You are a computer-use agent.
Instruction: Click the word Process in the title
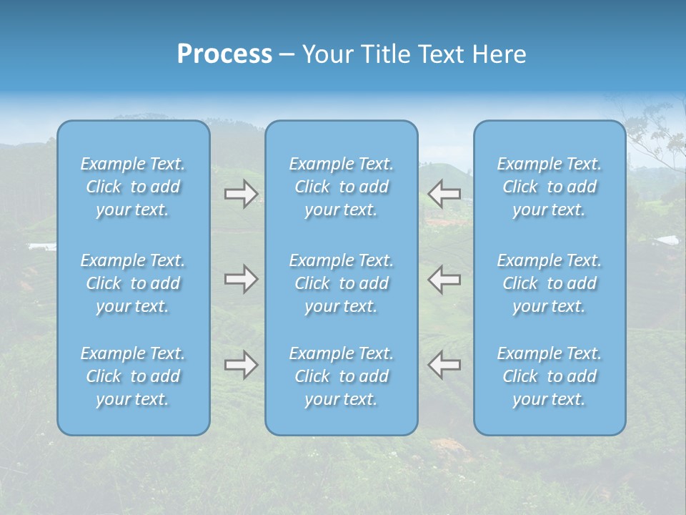click(x=224, y=54)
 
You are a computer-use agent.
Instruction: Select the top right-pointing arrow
click(x=241, y=193)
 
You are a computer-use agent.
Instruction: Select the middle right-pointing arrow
click(x=241, y=279)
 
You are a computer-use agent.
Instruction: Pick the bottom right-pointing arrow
click(x=241, y=365)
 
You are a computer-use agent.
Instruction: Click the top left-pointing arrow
click(x=444, y=193)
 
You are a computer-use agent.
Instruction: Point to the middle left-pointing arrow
click(x=444, y=279)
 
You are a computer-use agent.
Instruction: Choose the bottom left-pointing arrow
click(x=444, y=365)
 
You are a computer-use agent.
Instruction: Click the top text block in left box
click(x=133, y=187)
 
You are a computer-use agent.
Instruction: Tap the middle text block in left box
click(x=133, y=283)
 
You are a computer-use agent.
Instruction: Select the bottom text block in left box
click(x=133, y=376)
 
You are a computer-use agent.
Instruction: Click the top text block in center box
click(x=342, y=187)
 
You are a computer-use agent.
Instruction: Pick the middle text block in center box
click(x=342, y=283)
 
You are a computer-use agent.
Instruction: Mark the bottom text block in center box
click(x=342, y=376)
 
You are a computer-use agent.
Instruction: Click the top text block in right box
click(x=550, y=187)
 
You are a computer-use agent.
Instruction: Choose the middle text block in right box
click(x=550, y=283)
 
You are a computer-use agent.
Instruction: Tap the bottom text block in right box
click(x=550, y=376)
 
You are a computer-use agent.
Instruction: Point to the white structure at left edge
click(x=41, y=247)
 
